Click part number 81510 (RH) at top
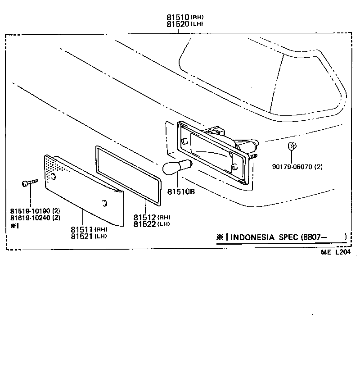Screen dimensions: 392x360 [x=178, y=18]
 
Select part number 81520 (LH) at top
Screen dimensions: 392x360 [x=178, y=24]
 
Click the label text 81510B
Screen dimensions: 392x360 [x=181, y=191]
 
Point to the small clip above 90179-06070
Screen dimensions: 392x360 [x=291, y=146]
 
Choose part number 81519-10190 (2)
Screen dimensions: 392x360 [x=35, y=211]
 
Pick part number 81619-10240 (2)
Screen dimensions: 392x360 [x=35, y=218]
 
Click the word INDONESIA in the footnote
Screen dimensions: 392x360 [x=253, y=237]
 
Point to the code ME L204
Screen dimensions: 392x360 [x=335, y=253]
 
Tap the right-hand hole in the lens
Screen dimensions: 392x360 [x=104, y=204]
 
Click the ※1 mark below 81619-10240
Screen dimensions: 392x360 [x=15, y=226]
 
